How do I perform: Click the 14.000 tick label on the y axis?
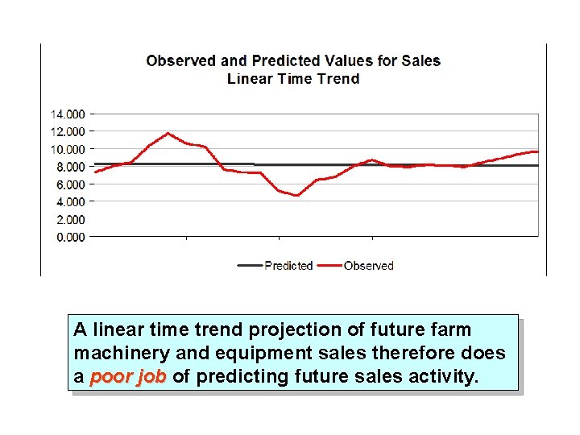pyautogui.click(x=68, y=114)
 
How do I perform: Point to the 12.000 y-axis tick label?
pyautogui.click(x=68, y=131)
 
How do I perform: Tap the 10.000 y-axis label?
pyautogui.click(x=68, y=149)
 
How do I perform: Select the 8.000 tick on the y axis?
pyautogui.click(x=68, y=167)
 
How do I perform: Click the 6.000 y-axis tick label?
pyautogui.click(x=68, y=184)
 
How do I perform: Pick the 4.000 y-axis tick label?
pyautogui.click(x=68, y=201)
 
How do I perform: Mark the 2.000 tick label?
pyautogui.click(x=68, y=219)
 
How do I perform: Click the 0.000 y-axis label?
pyautogui.click(x=68, y=237)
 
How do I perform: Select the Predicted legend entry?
pyautogui.click(x=288, y=266)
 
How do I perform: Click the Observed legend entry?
pyautogui.click(x=368, y=266)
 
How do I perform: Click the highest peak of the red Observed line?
pyautogui.click(x=168, y=133)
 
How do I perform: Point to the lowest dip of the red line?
pyautogui.click(x=296, y=196)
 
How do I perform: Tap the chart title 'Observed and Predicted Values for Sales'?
pyautogui.click(x=293, y=61)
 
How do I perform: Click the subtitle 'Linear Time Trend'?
pyautogui.click(x=293, y=79)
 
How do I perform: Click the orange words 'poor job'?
pyautogui.click(x=128, y=376)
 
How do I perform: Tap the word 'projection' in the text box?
pyautogui.click(x=289, y=330)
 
